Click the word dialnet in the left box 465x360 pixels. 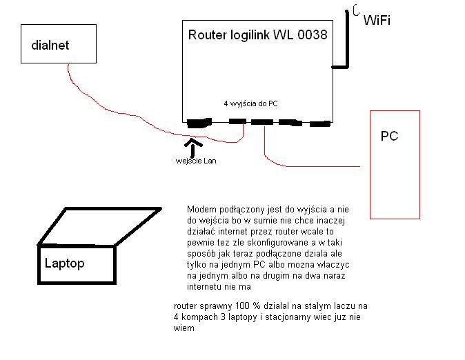50,46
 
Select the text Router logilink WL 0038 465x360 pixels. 257,34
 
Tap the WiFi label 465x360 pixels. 377,20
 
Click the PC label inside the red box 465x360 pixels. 389,136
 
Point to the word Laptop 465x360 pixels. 64,263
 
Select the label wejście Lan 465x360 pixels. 196,161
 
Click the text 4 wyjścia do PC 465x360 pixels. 250,103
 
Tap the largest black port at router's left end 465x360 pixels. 199,123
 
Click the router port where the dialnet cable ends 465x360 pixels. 237,122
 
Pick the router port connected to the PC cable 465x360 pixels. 262,123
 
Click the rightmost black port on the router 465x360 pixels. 319,124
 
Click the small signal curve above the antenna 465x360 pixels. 356,10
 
